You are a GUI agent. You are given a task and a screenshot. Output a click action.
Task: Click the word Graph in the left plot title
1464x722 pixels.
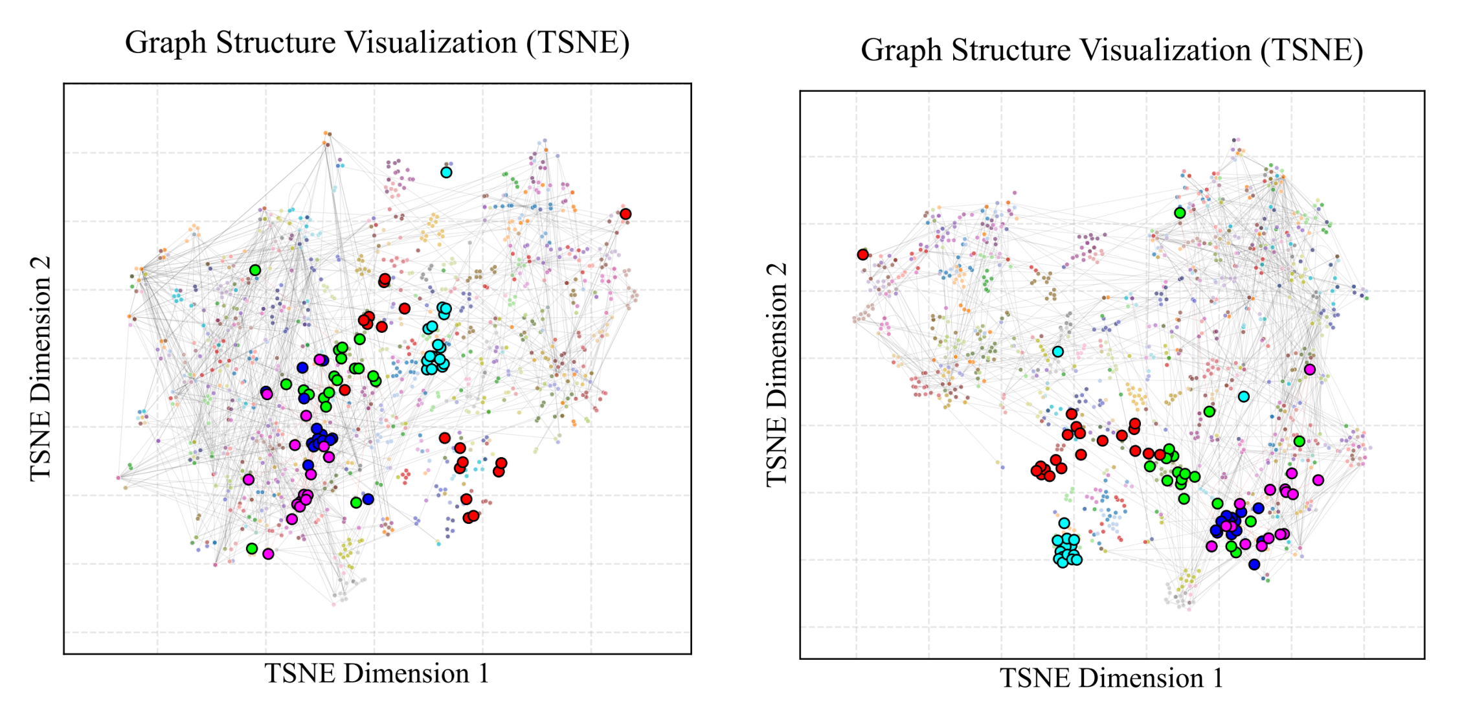[x=166, y=43]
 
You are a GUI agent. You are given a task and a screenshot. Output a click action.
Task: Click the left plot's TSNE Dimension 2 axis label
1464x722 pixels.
[x=41, y=368]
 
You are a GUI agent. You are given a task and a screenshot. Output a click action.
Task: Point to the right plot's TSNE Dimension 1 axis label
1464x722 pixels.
[x=1111, y=678]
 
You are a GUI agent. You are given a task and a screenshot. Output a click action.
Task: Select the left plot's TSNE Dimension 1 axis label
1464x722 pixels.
[x=376, y=673]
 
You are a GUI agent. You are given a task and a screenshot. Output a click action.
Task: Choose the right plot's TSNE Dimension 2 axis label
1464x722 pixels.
[x=776, y=374]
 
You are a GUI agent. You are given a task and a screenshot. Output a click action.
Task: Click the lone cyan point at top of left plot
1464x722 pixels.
[x=446, y=172]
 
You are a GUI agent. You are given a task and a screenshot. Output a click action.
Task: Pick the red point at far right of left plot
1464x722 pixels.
[x=625, y=214]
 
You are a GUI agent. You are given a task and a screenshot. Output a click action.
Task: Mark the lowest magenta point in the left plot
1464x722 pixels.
[x=268, y=554]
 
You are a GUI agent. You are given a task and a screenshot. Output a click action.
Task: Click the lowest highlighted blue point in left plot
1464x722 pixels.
[x=368, y=499]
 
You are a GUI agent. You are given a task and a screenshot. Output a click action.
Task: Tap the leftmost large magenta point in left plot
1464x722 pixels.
[x=249, y=480]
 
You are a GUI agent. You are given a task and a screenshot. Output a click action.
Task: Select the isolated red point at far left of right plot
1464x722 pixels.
[x=862, y=254]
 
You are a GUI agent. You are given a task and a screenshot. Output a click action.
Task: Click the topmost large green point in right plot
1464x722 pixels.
[x=1180, y=212]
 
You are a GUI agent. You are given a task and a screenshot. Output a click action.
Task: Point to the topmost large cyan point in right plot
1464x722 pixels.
[x=1057, y=352]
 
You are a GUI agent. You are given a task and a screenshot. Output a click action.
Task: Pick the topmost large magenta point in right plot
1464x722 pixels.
[x=1309, y=369]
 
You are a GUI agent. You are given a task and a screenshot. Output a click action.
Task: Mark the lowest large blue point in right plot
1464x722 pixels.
[x=1254, y=564]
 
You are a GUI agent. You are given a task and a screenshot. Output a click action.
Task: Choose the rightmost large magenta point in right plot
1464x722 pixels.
[x=1318, y=480]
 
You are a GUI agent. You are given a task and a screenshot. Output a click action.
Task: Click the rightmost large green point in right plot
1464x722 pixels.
[x=1299, y=441]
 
